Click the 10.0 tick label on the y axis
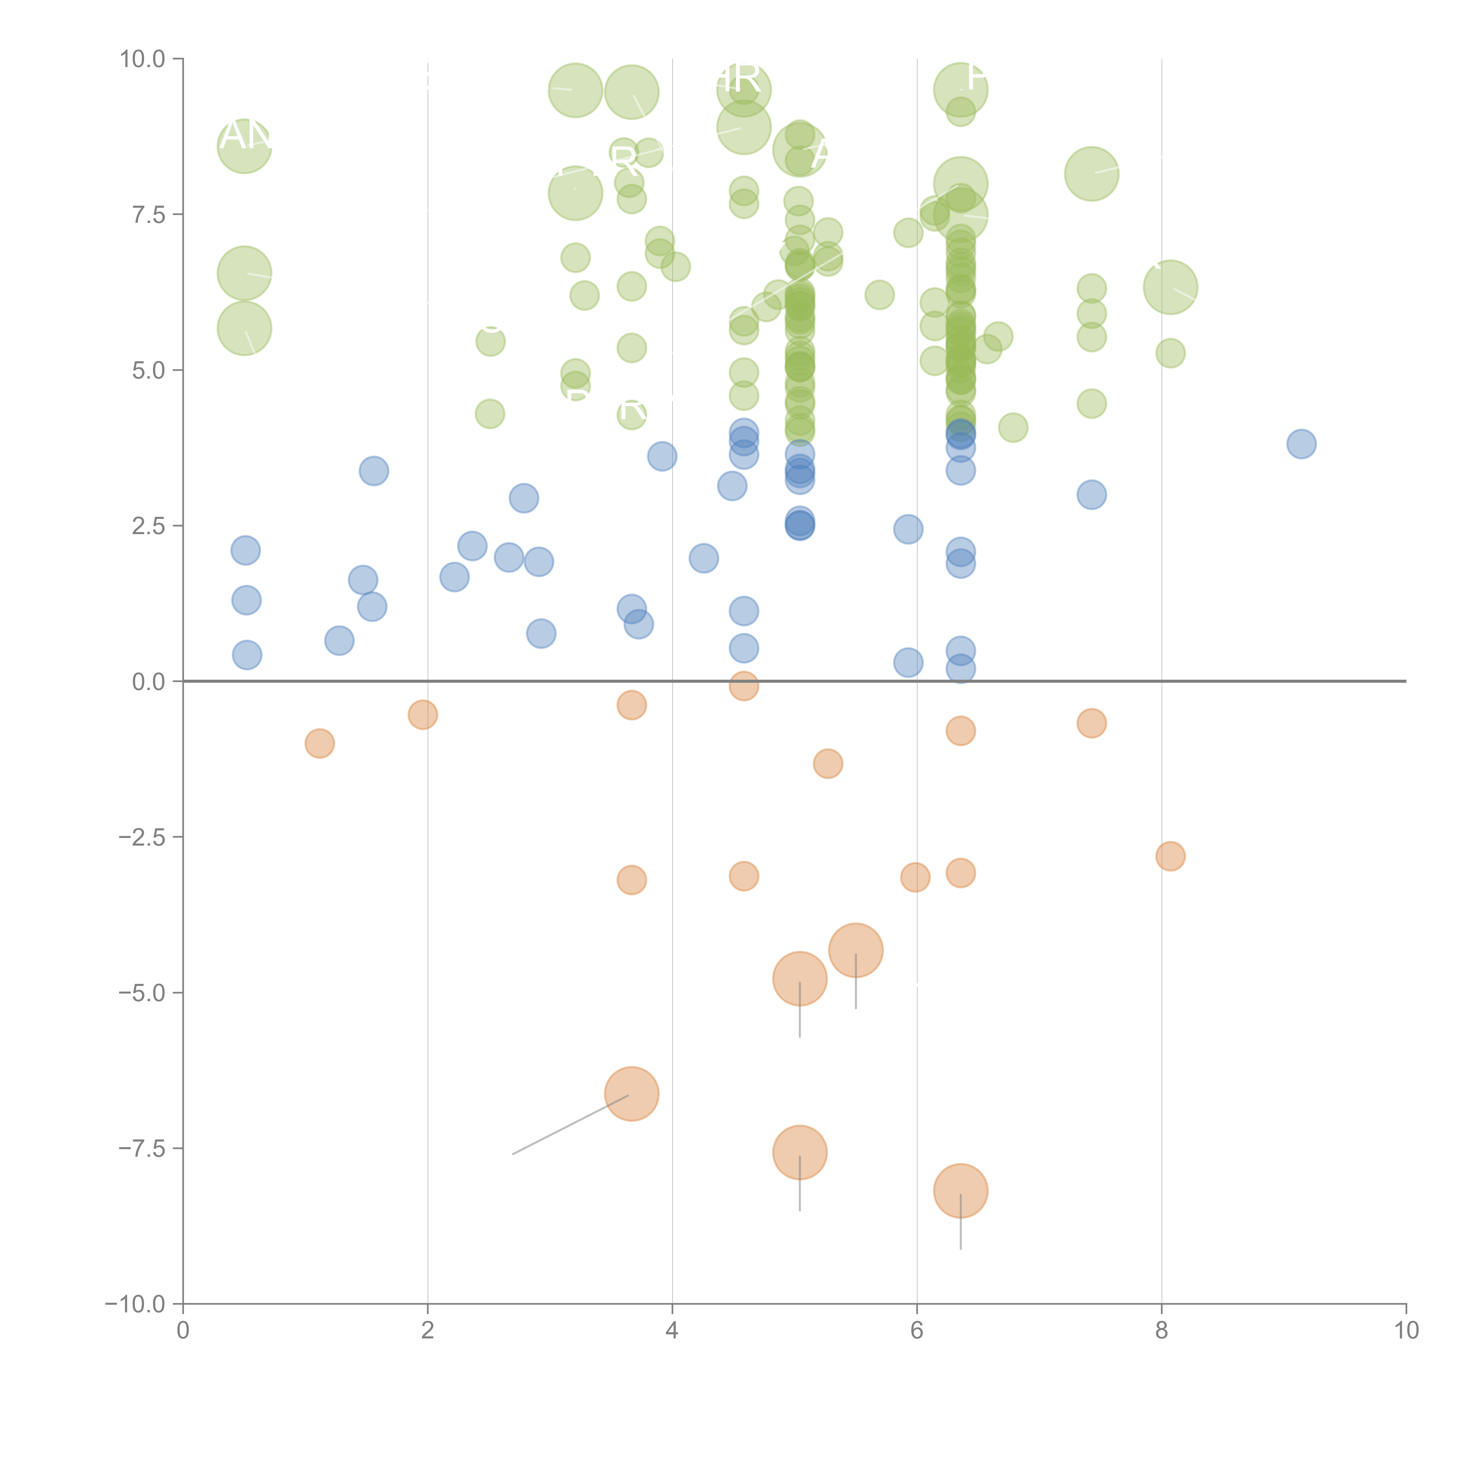point(142,59)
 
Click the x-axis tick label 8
point(1162,1331)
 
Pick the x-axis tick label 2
point(428,1331)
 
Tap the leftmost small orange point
point(319,743)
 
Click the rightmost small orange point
point(1170,856)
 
